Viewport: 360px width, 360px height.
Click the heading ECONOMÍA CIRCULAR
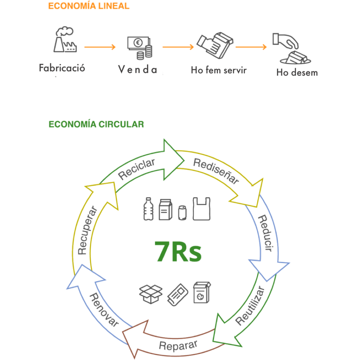(x=96, y=124)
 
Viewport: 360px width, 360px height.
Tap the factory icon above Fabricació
(x=64, y=40)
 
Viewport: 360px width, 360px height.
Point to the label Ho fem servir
(x=219, y=70)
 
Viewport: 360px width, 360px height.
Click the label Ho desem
(x=297, y=73)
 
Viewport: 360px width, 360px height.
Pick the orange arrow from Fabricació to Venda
(x=100, y=47)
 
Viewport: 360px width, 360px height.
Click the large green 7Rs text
(x=178, y=251)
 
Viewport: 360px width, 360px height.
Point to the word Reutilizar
(x=250, y=306)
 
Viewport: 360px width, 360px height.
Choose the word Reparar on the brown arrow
(x=178, y=345)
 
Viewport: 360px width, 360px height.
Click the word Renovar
(x=104, y=310)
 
